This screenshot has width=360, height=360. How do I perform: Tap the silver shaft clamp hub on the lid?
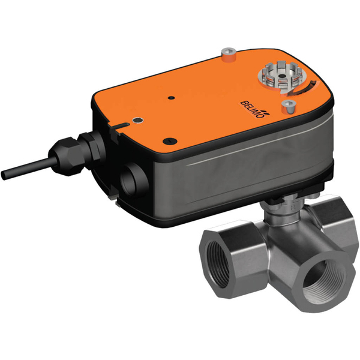pos(273,77)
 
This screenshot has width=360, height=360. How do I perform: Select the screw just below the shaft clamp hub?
pos(290,107)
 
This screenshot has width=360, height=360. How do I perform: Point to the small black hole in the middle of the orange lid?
pos(171,97)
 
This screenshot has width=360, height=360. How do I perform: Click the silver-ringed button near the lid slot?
pos(139,120)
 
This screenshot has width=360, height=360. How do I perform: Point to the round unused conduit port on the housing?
pos(133,178)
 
